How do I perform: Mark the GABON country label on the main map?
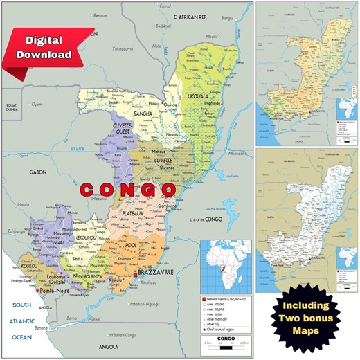pos(37,172)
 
